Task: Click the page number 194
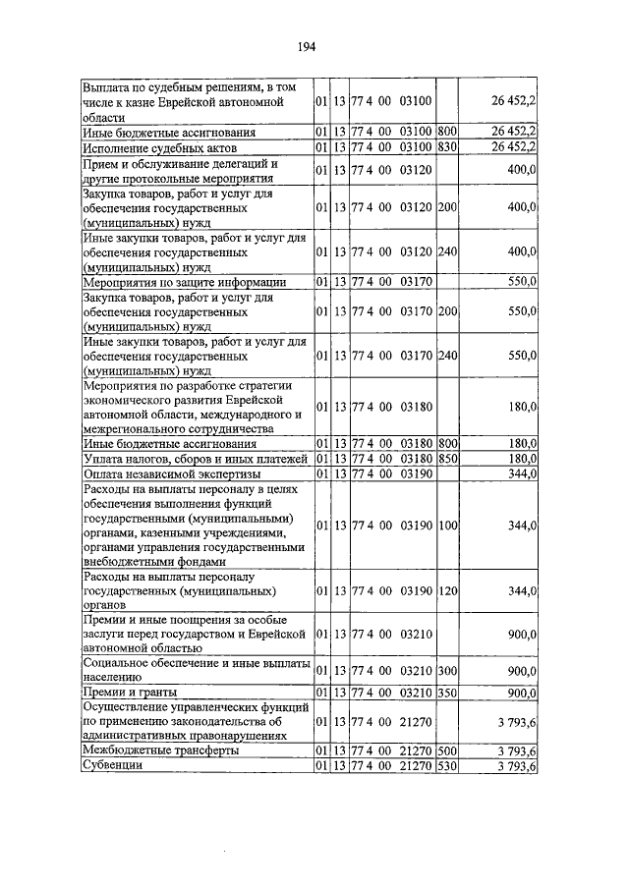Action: pos(314,45)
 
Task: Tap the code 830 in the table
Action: pos(447,146)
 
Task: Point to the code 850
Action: pos(447,459)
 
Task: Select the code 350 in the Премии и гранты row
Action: pos(447,693)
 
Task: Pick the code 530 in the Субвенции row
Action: pos(447,766)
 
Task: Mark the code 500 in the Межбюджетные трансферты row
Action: pos(447,751)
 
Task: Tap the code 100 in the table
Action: pos(447,526)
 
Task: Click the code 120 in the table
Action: pos(447,591)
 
